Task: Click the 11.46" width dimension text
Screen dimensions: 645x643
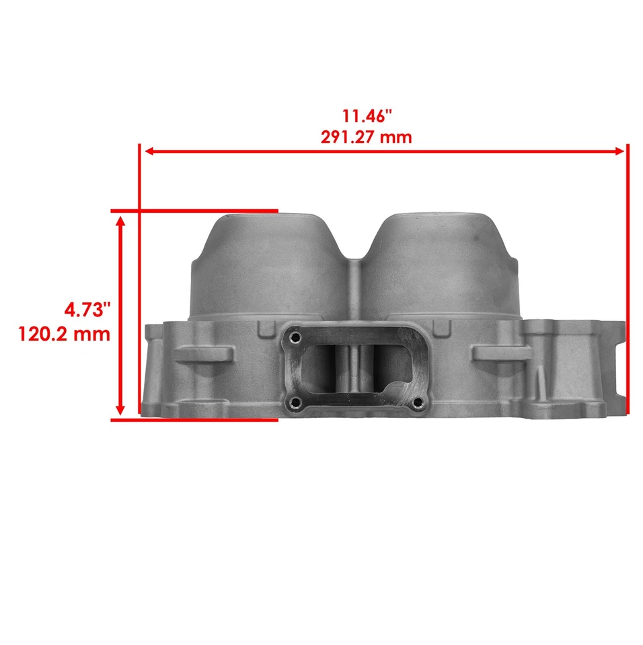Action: (x=366, y=116)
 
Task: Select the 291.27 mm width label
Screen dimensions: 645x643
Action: (x=366, y=137)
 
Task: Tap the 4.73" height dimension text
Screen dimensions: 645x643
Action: (x=87, y=310)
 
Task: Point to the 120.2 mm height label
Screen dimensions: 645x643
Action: (x=65, y=334)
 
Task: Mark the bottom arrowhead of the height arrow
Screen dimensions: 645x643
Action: (x=121, y=410)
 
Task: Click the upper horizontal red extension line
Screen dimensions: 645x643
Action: (x=195, y=211)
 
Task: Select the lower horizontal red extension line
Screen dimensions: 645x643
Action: (x=195, y=420)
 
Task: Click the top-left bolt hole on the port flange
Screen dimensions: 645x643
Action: (x=293, y=339)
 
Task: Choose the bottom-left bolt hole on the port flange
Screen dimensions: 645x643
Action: (x=293, y=402)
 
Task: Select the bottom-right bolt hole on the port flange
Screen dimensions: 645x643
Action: (x=418, y=402)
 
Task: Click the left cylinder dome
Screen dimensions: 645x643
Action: (x=269, y=269)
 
